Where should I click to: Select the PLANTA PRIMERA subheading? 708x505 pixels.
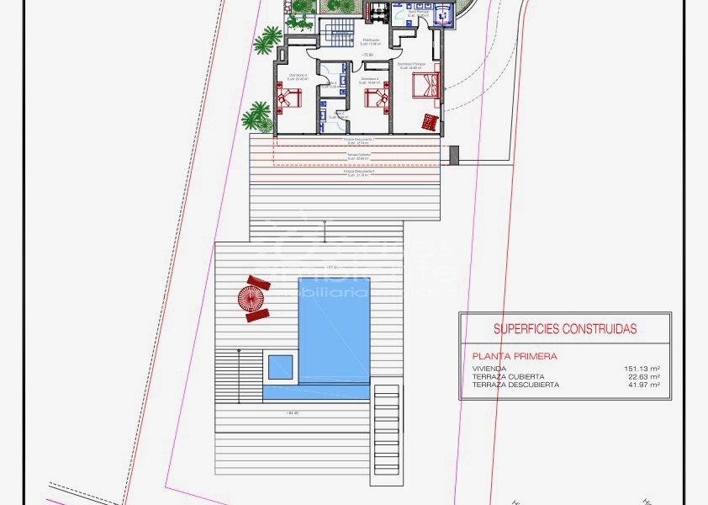click(x=515, y=356)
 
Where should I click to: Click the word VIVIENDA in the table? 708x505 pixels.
click(x=490, y=369)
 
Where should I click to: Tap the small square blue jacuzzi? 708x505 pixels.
click(x=279, y=366)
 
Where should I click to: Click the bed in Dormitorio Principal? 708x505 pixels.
click(x=425, y=85)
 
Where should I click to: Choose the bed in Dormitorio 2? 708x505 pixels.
click(x=375, y=98)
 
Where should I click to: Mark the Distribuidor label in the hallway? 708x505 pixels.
click(x=371, y=40)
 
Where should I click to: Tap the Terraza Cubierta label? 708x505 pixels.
click(x=357, y=156)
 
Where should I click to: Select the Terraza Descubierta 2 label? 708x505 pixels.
click(x=357, y=172)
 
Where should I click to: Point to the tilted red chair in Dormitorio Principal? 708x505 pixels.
click(x=430, y=123)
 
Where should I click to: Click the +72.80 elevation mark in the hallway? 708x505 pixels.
click(x=367, y=55)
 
